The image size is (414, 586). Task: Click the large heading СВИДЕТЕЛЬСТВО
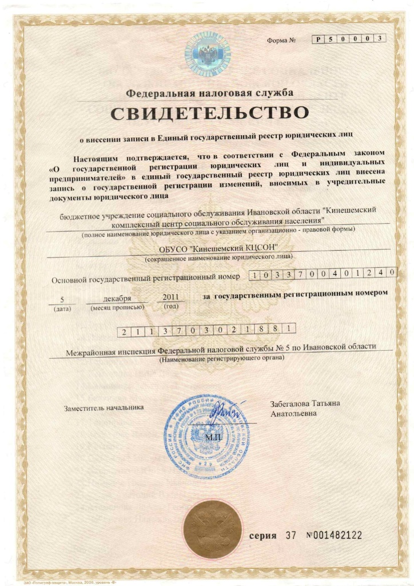coord(209,113)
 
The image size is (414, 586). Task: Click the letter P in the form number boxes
coord(318,39)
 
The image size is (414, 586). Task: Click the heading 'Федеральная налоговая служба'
coord(210,92)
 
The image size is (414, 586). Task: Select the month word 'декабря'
coord(118,299)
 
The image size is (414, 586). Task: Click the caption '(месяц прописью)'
coord(117,308)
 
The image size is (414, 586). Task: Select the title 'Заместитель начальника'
coord(103,407)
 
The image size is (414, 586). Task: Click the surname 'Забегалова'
coord(292,403)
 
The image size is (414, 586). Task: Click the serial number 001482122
coord(334,536)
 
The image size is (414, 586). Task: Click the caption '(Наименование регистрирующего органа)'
coord(221,358)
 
